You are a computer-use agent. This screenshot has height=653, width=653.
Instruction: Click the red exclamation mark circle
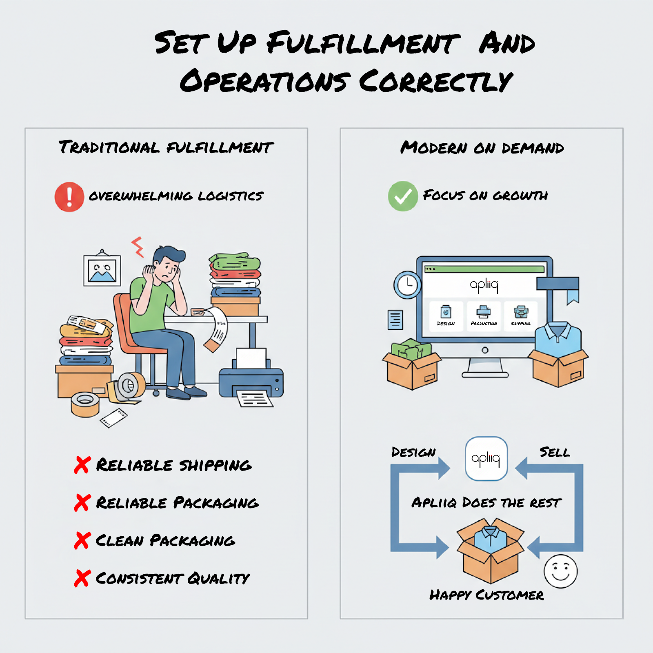(69, 197)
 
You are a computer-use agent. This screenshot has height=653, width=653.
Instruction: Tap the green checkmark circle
(403, 196)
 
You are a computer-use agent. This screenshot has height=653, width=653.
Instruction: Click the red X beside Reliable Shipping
(82, 465)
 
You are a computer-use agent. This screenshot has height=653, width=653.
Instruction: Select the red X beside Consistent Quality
(82, 578)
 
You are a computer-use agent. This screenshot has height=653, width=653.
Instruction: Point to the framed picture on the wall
(102, 270)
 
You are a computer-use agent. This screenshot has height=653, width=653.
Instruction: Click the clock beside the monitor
(407, 284)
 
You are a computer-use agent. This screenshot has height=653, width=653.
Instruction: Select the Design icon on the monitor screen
(446, 313)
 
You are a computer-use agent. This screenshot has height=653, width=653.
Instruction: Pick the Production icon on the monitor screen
(484, 313)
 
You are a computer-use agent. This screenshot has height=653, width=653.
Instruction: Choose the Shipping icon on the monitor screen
(521, 313)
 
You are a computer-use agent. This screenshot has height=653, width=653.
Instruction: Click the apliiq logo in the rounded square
(486, 459)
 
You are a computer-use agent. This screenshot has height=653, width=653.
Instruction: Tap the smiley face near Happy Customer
(560, 571)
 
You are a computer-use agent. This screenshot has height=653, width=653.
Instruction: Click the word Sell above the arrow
(555, 452)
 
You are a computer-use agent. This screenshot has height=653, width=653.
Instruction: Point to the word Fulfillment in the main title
(363, 43)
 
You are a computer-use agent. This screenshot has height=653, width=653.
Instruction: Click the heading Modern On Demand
(482, 148)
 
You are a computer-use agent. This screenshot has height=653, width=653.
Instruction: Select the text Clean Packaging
(165, 541)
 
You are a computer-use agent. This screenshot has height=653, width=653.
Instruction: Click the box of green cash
(411, 363)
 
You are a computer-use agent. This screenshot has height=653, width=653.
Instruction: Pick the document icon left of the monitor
(395, 320)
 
